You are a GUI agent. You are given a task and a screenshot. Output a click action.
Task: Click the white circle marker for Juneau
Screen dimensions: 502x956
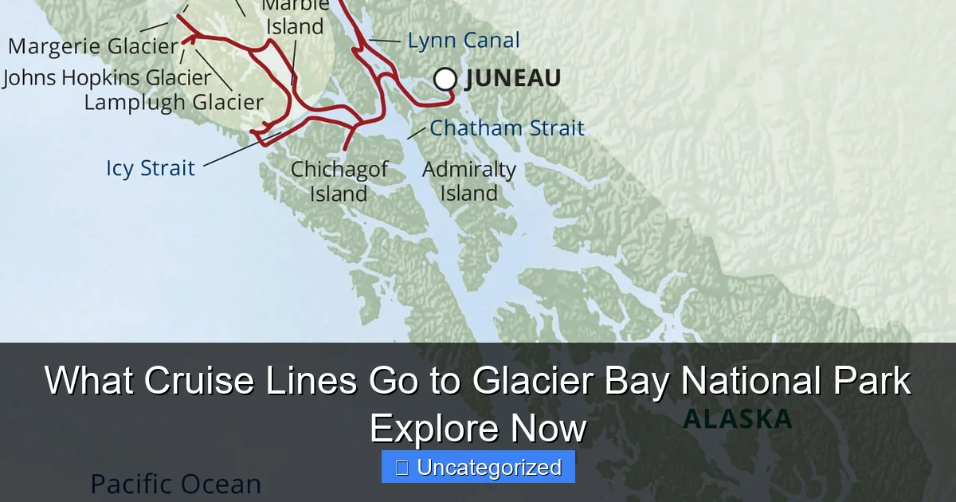[445, 79]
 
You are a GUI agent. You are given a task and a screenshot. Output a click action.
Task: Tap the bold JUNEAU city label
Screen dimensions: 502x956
[513, 78]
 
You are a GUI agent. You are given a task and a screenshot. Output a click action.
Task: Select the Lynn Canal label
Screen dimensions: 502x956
[463, 41]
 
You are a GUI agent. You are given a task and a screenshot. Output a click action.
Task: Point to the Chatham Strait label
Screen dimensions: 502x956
[507, 127]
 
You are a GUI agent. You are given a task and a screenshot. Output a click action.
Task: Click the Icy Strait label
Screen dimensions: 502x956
[151, 168]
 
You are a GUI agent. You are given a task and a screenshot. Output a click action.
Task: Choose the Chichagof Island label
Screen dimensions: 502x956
[339, 181]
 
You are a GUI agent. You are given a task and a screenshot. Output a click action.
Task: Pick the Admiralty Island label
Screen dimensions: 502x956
[468, 181]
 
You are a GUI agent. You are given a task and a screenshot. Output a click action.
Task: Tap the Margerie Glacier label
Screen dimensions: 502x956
[92, 46]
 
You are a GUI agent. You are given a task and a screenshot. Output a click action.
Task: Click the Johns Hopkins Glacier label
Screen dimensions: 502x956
[107, 78]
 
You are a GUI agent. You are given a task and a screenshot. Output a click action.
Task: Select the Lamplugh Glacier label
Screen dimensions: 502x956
[174, 102]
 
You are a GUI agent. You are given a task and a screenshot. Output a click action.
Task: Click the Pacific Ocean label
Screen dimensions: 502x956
[175, 484]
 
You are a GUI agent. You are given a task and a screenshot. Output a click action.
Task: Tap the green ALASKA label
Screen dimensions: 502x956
[738, 419]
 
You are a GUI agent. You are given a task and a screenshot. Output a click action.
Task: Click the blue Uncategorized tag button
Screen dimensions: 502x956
[478, 467]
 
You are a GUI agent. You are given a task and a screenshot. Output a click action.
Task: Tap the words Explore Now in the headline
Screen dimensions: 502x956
[478, 429]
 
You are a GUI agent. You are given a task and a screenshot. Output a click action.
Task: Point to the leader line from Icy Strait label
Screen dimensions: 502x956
[239, 151]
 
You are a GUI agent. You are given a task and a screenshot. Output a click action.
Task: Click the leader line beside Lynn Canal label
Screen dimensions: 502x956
[386, 40]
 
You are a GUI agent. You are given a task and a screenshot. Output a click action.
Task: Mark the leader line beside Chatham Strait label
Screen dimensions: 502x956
[417, 132]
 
